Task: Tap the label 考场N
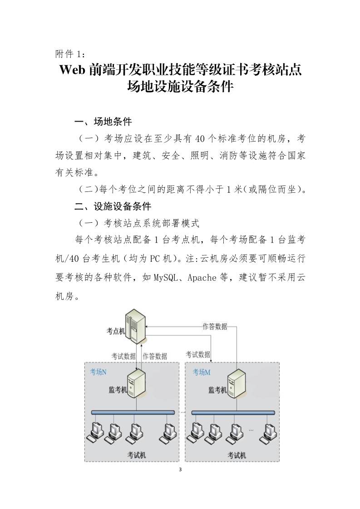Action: (x=98, y=372)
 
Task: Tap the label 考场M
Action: (x=202, y=372)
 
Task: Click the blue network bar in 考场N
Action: (x=133, y=412)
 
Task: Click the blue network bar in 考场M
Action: (x=233, y=412)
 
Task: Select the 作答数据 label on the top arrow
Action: (x=215, y=326)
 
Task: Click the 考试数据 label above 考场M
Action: (x=198, y=354)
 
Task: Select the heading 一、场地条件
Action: (x=103, y=122)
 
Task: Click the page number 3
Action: (x=180, y=469)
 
